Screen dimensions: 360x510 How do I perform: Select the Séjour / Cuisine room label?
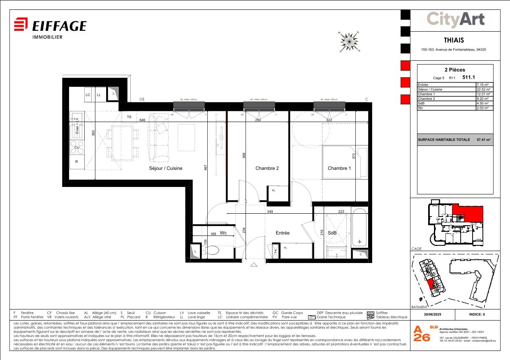[x=165, y=168]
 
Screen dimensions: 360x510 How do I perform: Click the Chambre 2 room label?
[x=267, y=168]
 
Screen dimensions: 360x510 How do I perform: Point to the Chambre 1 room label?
[x=339, y=168]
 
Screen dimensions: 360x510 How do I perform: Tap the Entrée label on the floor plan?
[x=283, y=233]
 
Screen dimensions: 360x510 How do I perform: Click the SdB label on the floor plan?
[x=332, y=233]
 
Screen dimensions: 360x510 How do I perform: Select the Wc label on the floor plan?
[x=223, y=233]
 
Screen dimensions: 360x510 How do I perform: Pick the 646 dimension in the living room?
[x=142, y=120]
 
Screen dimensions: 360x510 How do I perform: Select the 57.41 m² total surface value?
[x=483, y=140]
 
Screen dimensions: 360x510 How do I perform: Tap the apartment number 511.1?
[x=469, y=77]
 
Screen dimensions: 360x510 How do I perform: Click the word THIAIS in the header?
[x=454, y=40]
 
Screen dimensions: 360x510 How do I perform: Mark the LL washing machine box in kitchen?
[x=99, y=95]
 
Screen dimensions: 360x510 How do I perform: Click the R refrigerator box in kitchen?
[x=76, y=162]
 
